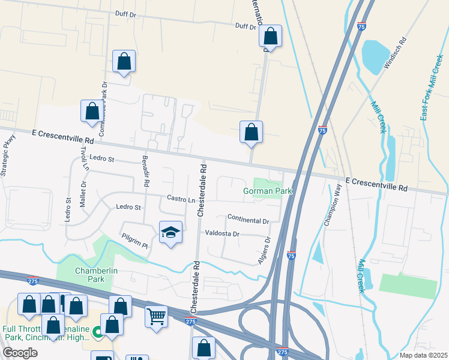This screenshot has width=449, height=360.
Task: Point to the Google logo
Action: pyautogui.click(x=19, y=353)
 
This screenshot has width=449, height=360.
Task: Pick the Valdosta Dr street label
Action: pyautogui.click(x=222, y=233)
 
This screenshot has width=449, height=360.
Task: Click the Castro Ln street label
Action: pyautogui.click(x=181, y=199)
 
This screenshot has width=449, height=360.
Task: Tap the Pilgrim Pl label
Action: pyautogui.click(x=134, y=238)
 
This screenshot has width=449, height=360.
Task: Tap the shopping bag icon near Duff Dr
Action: pyautogui.click(x=270, y=37)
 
